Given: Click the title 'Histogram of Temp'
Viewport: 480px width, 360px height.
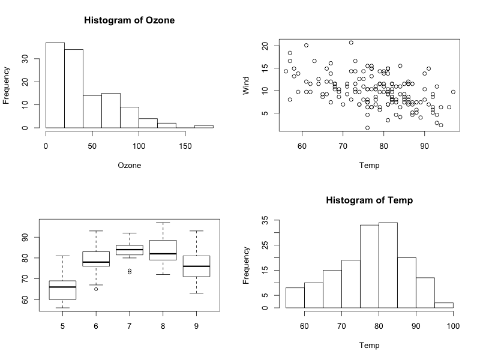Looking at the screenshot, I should pos(370,200).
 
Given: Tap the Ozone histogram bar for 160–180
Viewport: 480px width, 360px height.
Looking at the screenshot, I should pos(204,126).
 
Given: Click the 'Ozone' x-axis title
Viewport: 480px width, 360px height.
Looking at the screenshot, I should pos(129,166).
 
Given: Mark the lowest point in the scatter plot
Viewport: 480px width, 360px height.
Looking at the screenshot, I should pos(367,128).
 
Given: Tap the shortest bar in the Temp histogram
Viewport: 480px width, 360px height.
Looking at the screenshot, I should pos(444,305).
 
